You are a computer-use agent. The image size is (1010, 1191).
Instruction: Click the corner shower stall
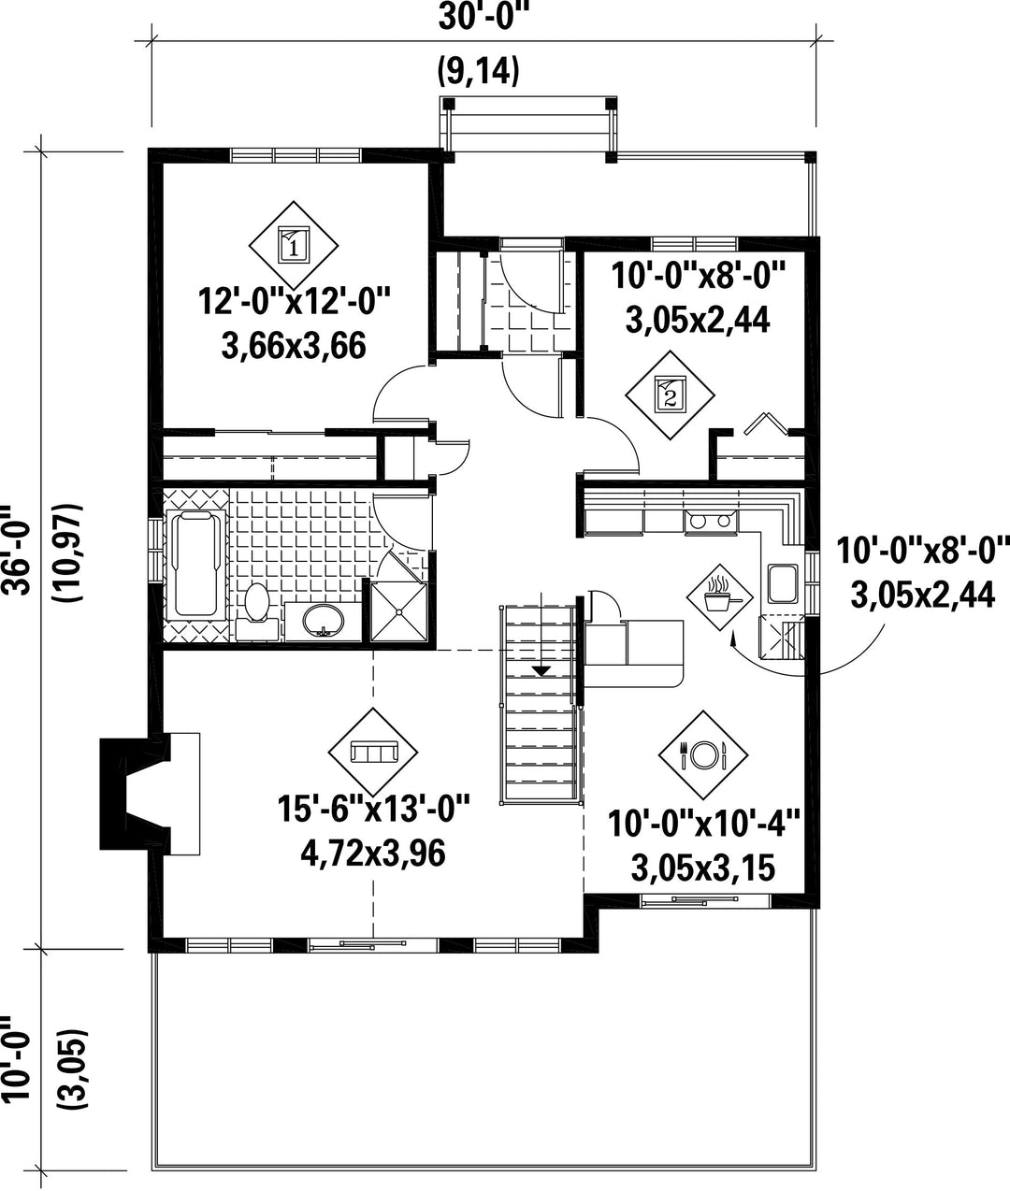point(398,611)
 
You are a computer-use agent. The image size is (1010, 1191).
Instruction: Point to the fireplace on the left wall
point(136,794)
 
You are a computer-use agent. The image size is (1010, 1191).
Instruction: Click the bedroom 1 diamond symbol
point(294,245)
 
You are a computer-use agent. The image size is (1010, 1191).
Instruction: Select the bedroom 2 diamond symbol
point(671,395)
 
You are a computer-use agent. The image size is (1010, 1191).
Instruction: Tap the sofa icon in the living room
point(373,752)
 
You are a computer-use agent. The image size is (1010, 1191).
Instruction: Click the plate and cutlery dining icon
point(703,754)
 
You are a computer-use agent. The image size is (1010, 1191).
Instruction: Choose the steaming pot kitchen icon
point(719,597)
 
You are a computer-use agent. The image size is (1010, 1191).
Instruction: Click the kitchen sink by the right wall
point(783,584)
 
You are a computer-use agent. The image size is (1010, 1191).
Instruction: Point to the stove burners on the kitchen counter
point(710,522)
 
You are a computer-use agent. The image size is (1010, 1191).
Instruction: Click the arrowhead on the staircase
point(541,670)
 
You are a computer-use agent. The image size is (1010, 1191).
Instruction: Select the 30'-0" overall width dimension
point(483,17)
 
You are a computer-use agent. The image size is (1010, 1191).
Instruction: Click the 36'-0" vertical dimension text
point(16,551)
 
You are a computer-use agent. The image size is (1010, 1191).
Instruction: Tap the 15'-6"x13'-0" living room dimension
point(373,809)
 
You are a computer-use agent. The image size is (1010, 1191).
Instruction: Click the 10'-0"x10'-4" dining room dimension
point(703,824)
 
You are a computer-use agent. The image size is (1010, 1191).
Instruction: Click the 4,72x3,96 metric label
point(373,854)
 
